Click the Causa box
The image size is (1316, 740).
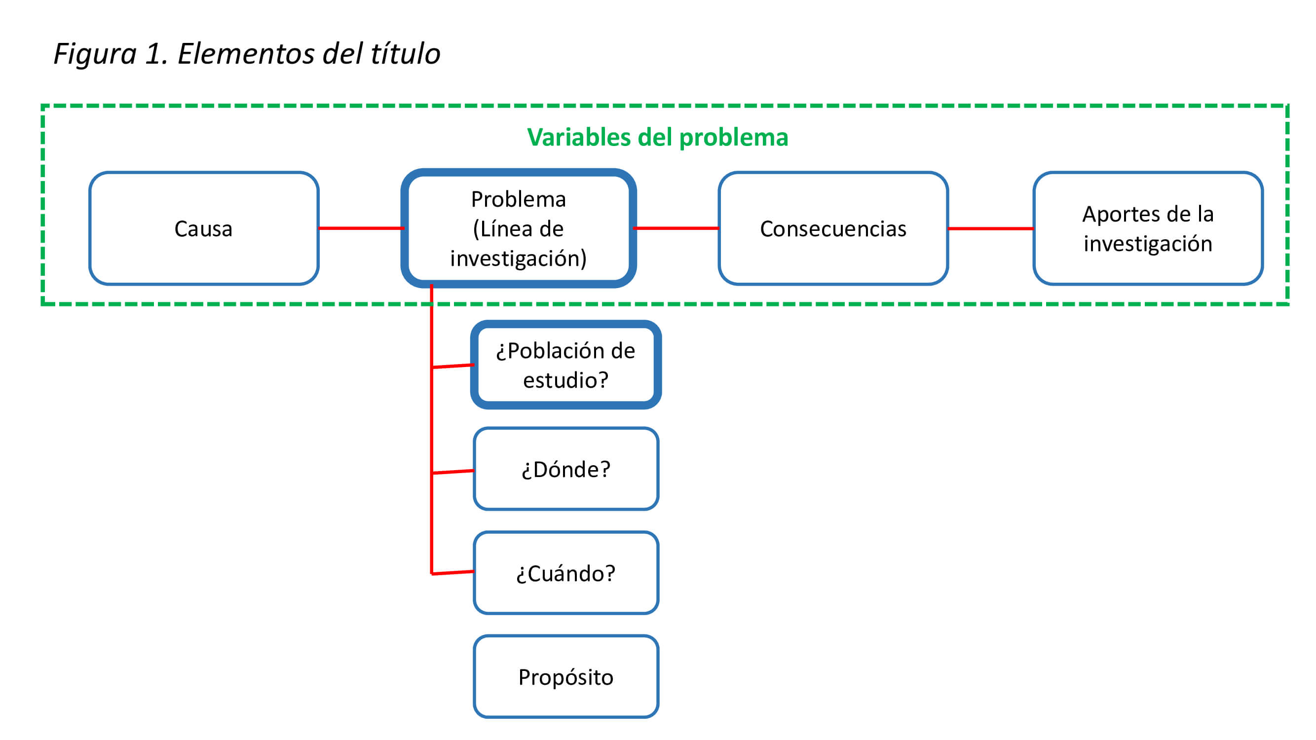(x=203, y=228)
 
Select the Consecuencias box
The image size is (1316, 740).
(x=833, y=228)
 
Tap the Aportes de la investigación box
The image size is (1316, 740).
(x=1147, y=228)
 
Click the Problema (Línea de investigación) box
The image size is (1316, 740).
(x=518, y=228)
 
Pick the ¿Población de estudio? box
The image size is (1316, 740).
(x=565, y=365)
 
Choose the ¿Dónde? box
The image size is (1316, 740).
(x=565, y=469)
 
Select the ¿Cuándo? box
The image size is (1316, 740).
(x=565, y=573)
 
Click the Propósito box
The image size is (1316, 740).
(x=565, y=677)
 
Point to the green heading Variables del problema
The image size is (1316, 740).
(x=657, y=137)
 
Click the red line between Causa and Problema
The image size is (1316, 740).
(x=361, y=228)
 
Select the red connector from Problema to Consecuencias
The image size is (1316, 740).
(x=676, y=228)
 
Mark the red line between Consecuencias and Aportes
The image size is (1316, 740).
(x=990, y=228)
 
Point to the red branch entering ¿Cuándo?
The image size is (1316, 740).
(x=452, y=572)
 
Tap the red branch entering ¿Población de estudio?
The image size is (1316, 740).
(x=452, y=366)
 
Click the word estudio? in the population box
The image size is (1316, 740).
(x=565, y=380)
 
